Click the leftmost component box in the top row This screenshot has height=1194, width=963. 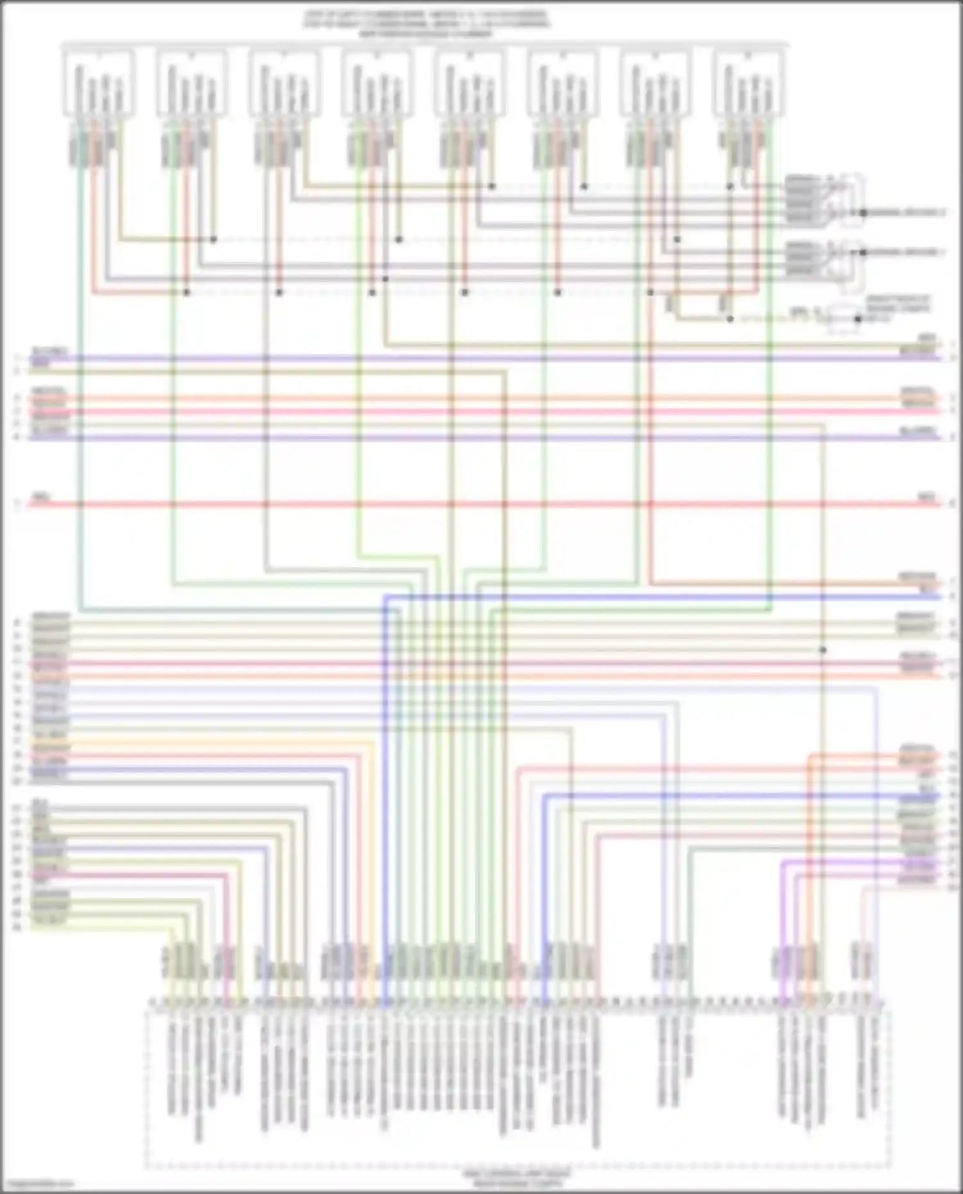pos(98,83)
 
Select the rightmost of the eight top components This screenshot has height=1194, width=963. pos(749,83)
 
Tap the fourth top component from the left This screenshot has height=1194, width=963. pos(377,83)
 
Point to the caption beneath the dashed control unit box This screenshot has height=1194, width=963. pos(517,1177)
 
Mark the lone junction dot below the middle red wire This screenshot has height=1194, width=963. pos(822,650)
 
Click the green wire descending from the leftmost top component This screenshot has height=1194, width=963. pos(80,385)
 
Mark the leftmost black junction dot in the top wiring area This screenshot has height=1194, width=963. pos(187,292)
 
